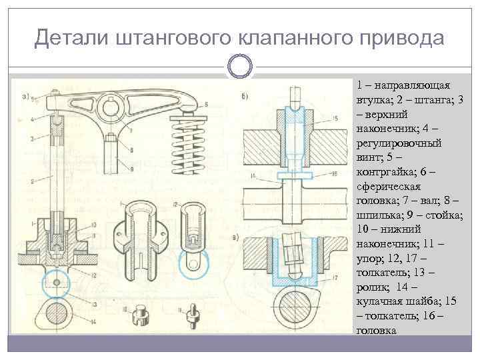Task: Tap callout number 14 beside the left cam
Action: click(x=95, y=322)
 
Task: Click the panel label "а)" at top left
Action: click(x=27, y=95)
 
